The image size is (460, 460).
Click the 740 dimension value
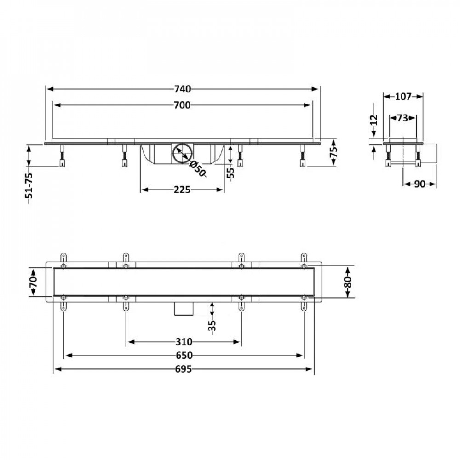coord(183,89)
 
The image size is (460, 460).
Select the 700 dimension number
coord(183,105)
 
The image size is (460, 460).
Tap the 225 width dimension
coord(182,190)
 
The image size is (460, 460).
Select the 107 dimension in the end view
coord(403,97)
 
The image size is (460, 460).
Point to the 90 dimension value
coord(419,184)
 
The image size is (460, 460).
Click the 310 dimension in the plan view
coord(183,342)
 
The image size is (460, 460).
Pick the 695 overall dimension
coord(184,369)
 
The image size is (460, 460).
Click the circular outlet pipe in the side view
coord(181,153)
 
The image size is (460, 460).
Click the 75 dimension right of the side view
coord(334,152)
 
